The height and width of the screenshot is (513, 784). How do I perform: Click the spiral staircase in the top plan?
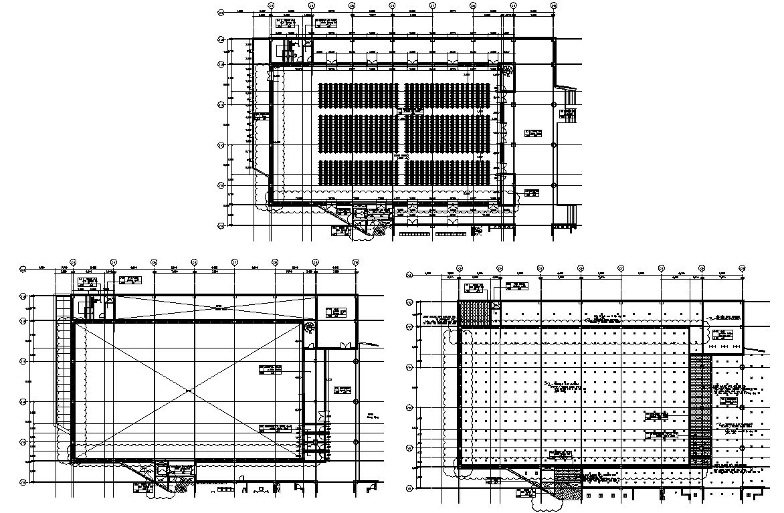tap(508, 70)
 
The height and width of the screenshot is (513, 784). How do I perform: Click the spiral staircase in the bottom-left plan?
tap(310, 328)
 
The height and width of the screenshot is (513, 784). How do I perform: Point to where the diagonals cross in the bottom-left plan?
tap(189, 390)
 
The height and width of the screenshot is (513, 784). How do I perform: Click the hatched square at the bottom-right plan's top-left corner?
tap(473, 313)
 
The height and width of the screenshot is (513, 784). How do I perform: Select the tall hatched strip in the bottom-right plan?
tap(700, 409)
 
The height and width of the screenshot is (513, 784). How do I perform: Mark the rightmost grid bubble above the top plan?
tap(554, 5)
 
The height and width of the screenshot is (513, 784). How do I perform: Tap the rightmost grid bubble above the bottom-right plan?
tap(742, 268)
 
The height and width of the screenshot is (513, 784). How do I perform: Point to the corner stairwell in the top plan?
tap(289, 50)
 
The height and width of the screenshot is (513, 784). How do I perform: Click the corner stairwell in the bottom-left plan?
tap(86, 309)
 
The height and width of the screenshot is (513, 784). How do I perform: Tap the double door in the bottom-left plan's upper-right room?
tap(346, 345)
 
